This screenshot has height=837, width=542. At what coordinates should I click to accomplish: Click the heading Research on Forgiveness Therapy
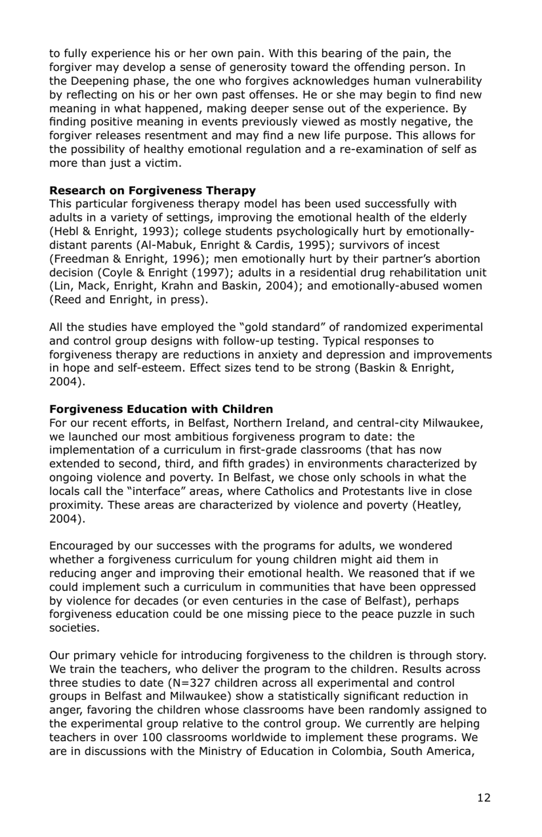coord(152,190)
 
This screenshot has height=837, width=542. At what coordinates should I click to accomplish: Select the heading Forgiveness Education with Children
coord(161,409)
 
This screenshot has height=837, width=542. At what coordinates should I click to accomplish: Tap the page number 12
coord(483,798)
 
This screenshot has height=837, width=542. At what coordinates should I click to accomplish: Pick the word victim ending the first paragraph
coord(163,163)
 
